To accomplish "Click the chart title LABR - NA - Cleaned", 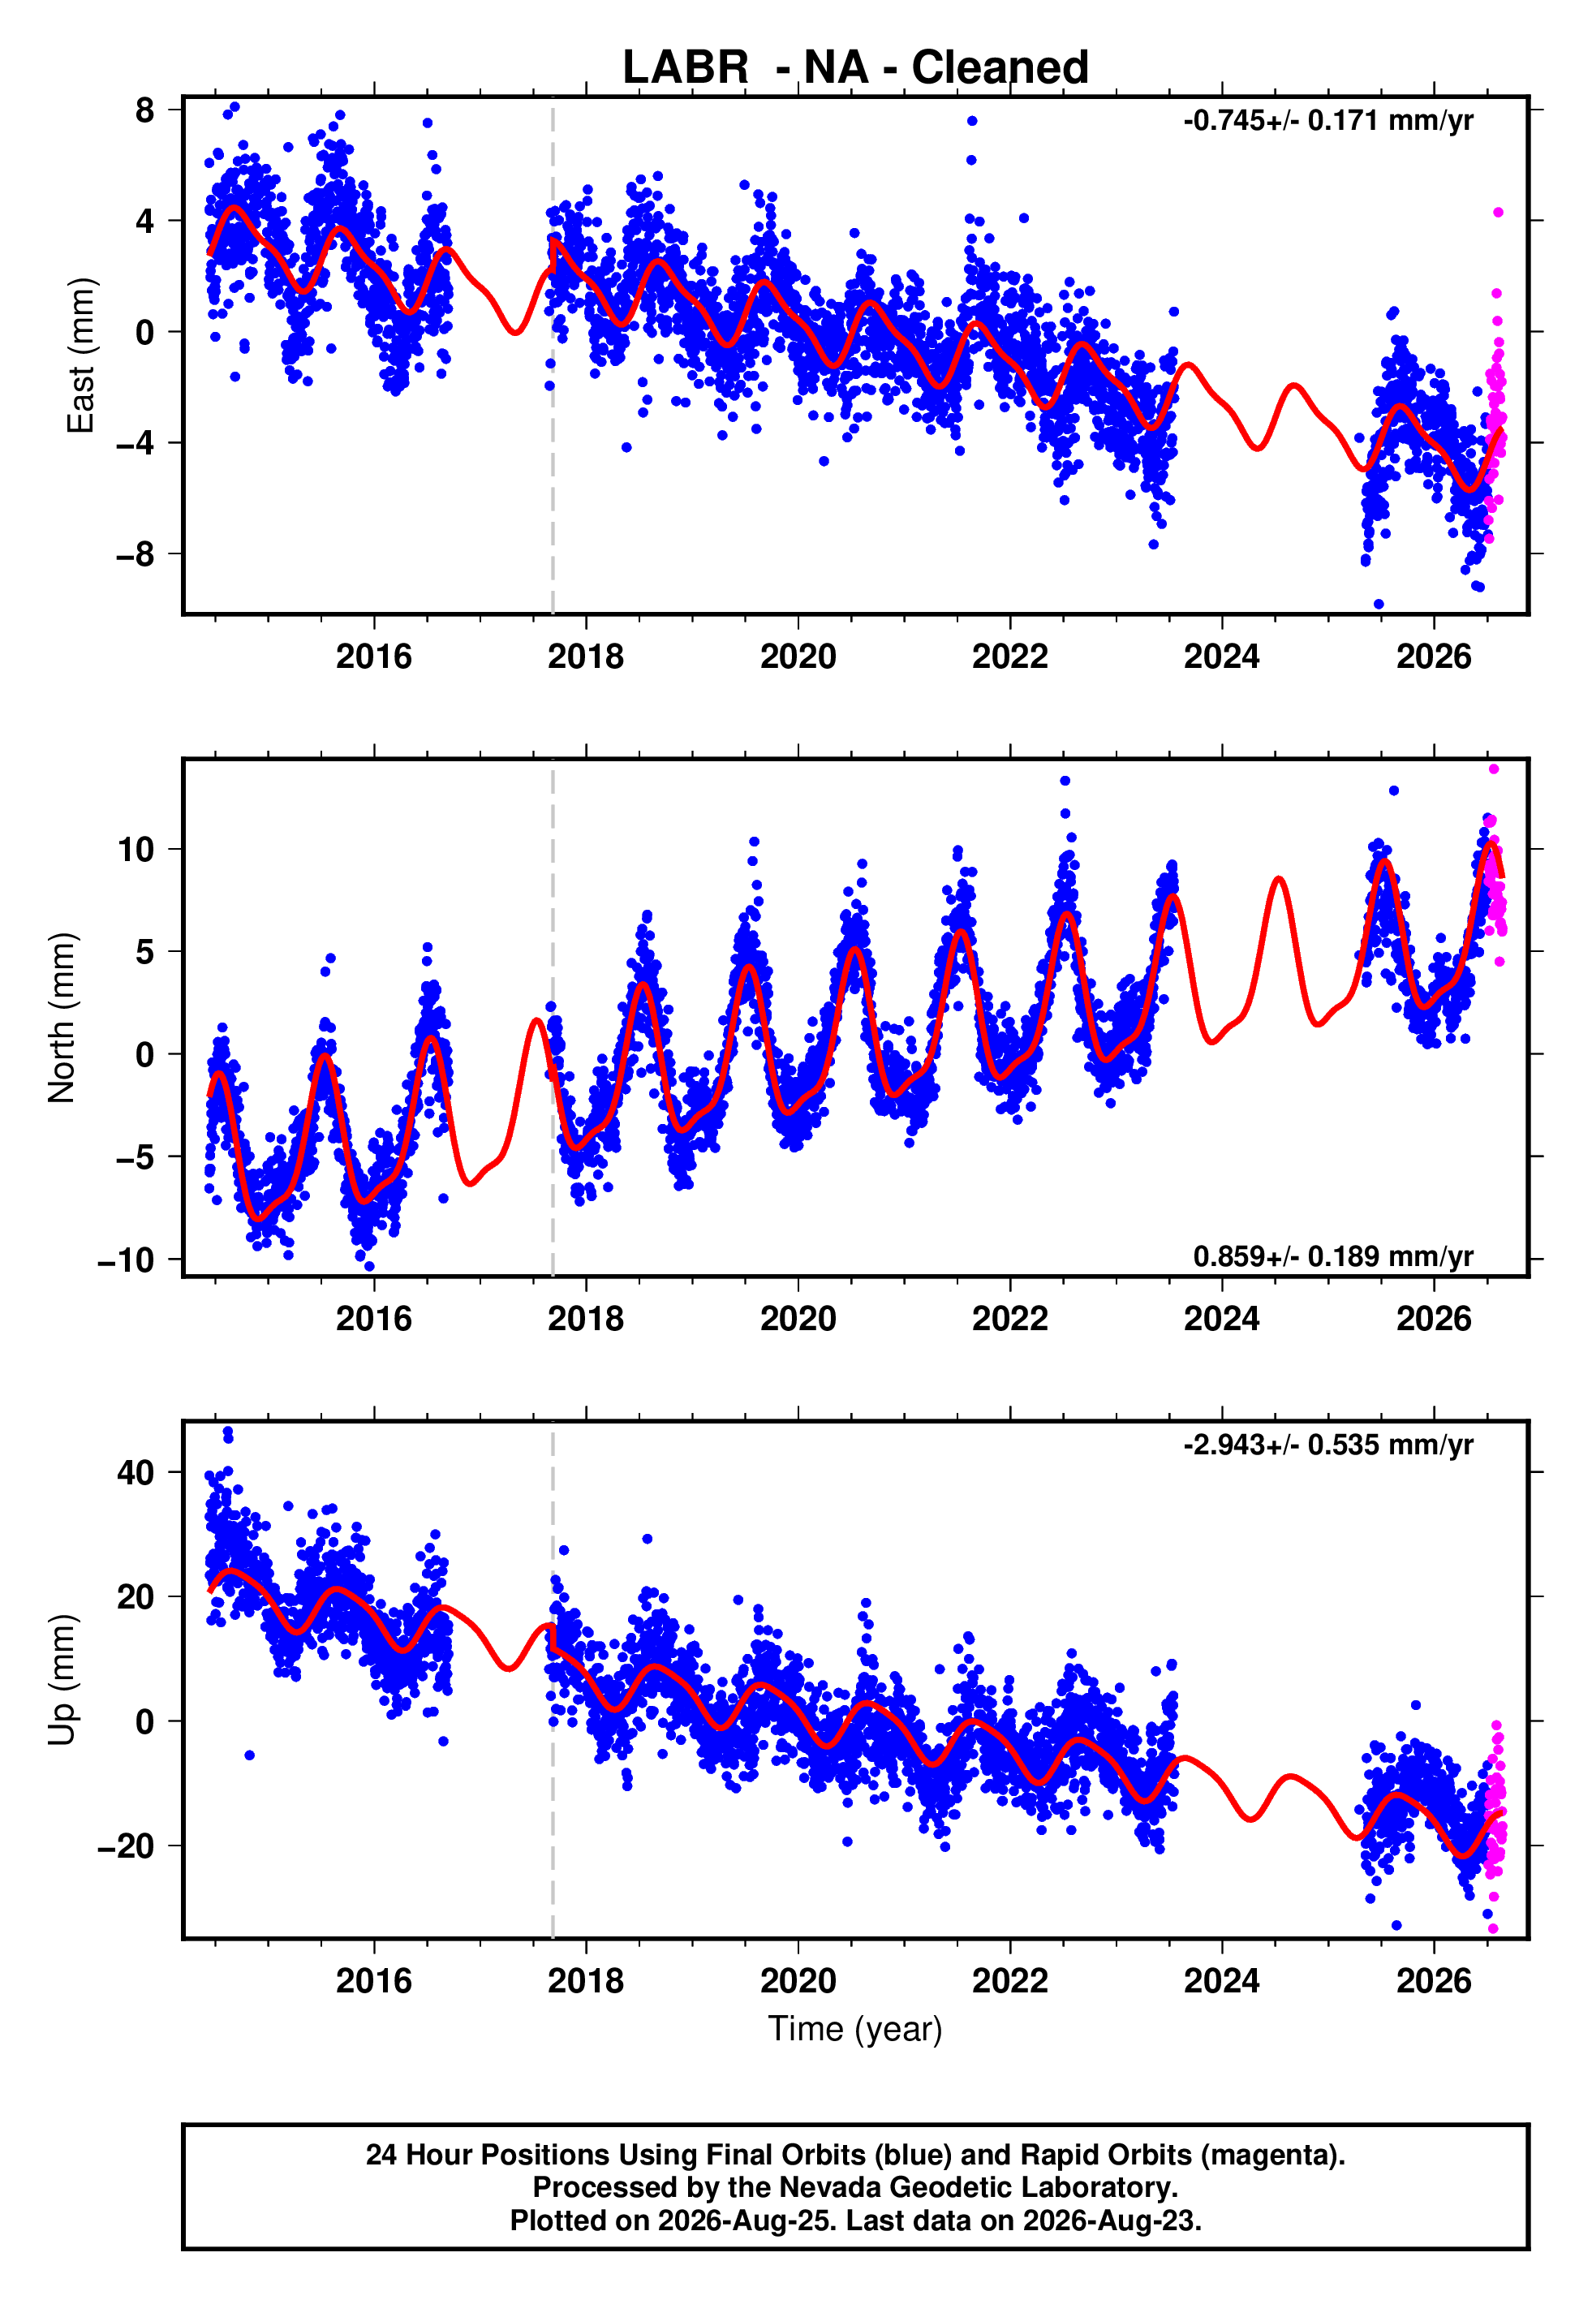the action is click(x=855, y=68).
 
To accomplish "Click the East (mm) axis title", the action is click(x=81, y=355).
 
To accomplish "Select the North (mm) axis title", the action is click(x=62, y=1018).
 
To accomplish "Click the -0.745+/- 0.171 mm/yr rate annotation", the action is click(x=1327, y=121).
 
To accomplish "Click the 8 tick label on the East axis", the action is click(x=145, y=110).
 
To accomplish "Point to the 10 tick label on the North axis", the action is click(x=136, y=850).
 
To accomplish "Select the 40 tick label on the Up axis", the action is click(x=136, y=1472).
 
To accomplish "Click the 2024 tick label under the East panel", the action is click(x=1222, y=657).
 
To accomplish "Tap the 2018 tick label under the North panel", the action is click(x=586, y=1319).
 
